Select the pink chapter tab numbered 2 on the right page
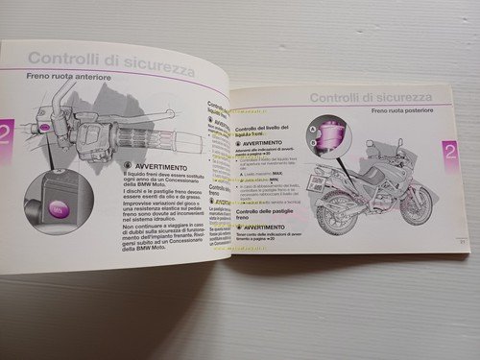point(448,153)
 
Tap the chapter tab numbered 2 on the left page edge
point(5,132)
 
